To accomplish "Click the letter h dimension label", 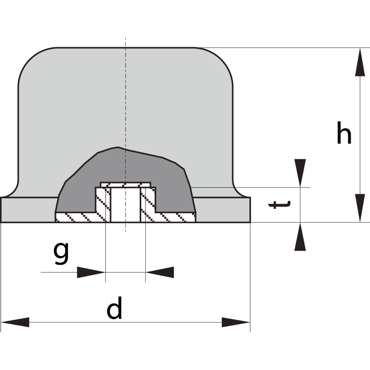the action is (344, 132).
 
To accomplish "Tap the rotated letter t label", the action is (280, 205).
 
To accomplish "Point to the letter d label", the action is (114, 308).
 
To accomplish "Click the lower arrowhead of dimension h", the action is (360, 208).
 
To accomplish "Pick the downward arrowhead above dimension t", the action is (300, 173).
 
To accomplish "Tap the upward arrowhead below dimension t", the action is (300, 236).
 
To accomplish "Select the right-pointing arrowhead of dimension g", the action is (91, 272).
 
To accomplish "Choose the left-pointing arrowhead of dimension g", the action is (160, 272).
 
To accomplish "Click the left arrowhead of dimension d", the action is (15, 322).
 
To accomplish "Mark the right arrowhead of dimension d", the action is (236, 322).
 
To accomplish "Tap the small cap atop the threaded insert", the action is (125, 185).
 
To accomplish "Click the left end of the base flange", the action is (1, 209).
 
